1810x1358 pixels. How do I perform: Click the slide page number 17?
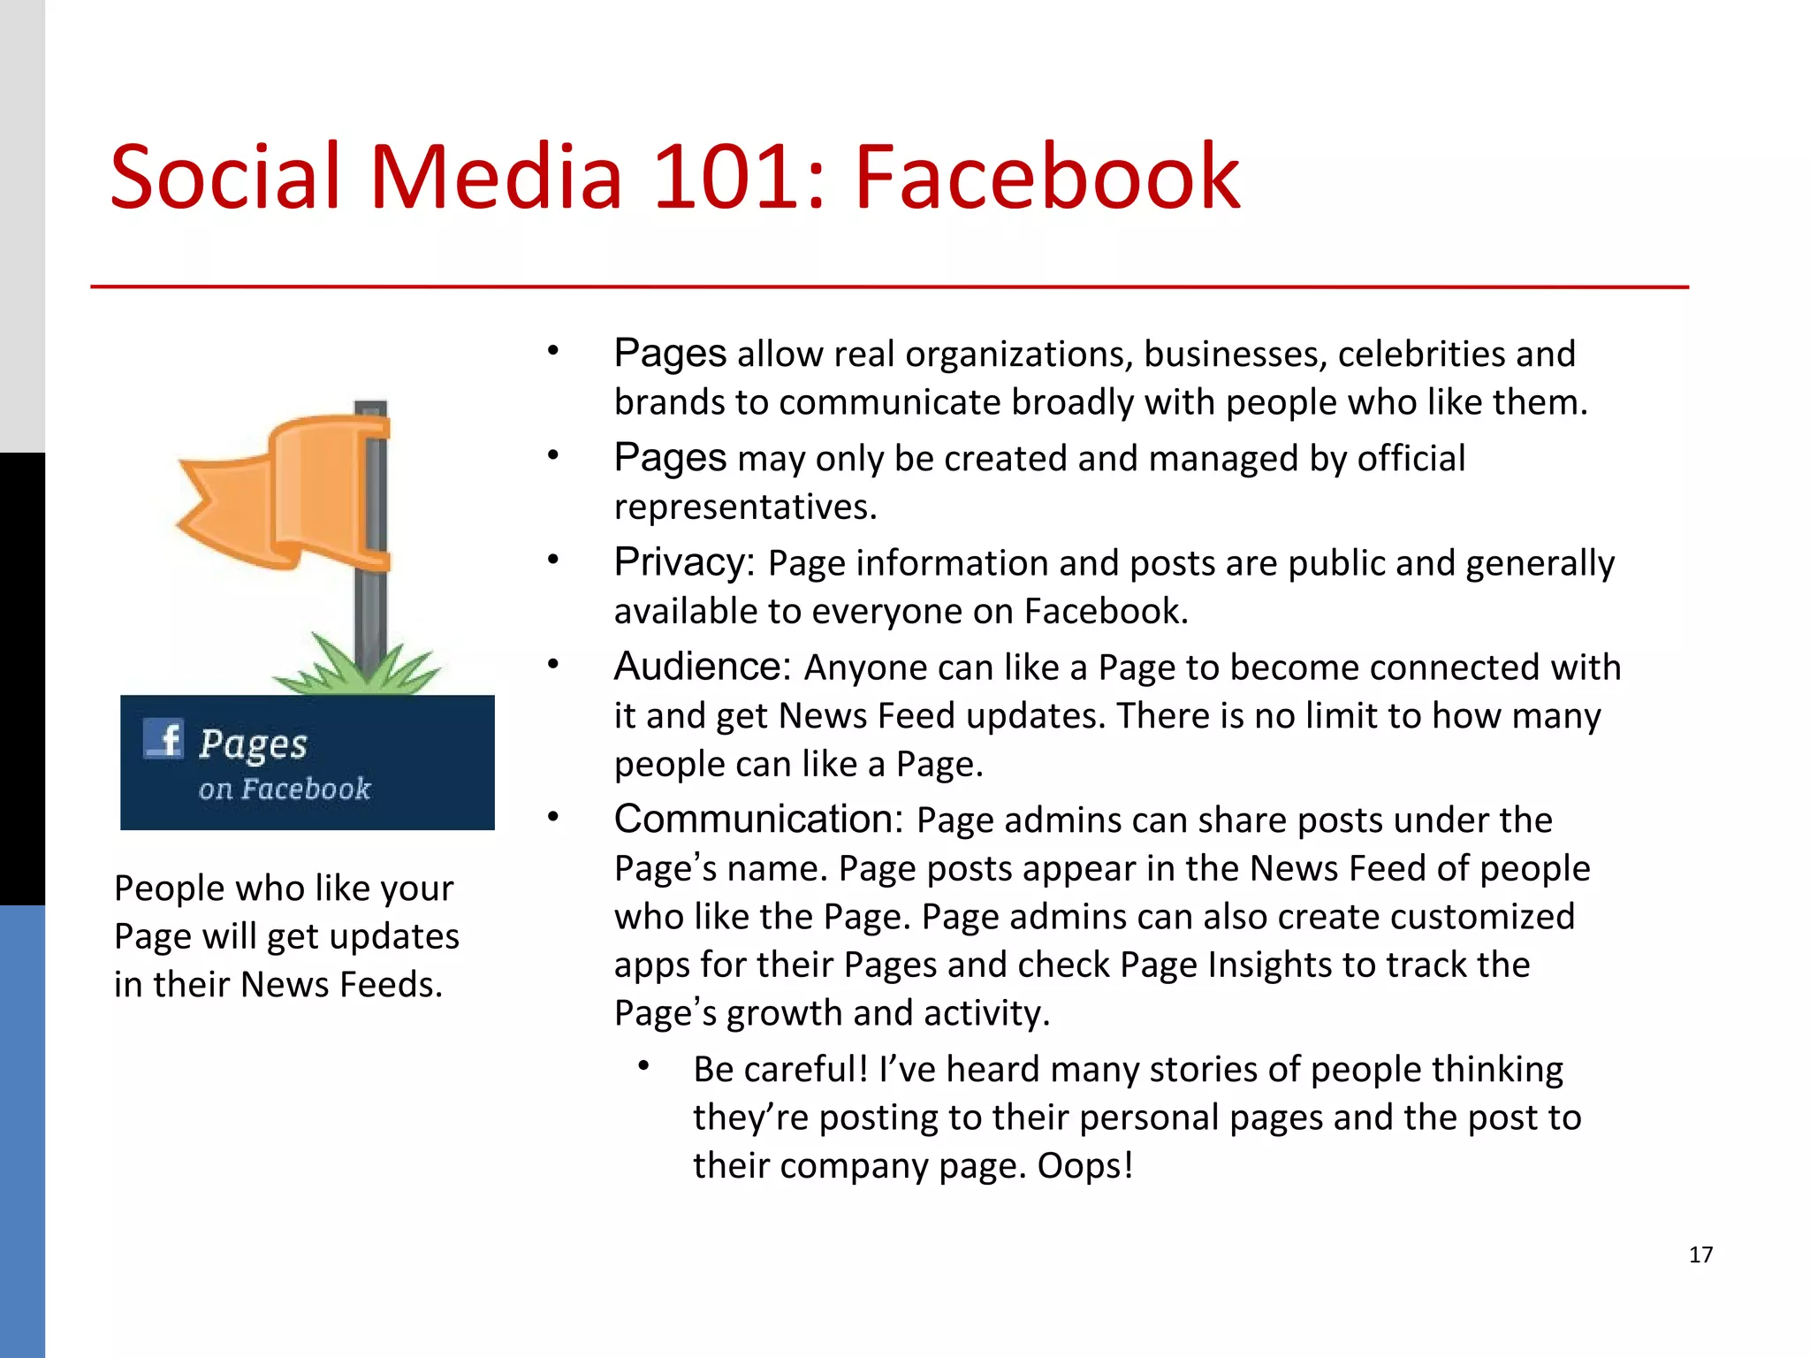[1700, 1255]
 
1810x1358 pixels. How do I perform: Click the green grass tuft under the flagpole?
[358, 672]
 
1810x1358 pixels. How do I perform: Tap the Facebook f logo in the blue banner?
[164, 739]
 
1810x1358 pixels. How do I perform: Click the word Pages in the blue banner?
[254, 745]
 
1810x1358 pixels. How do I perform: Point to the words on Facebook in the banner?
[285, 789]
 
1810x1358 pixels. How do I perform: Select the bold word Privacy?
[684, 562]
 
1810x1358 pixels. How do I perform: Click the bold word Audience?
[702, 667]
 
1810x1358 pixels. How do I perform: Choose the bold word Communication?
[758, 820]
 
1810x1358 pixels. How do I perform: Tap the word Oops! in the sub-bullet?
[1085, 1166]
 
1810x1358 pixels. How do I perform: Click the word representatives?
[745, 507]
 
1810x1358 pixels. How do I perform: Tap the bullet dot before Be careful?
[644, 1066]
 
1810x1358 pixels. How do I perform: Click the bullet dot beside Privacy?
[553, 560]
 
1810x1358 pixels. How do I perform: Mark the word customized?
[1482, 917]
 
